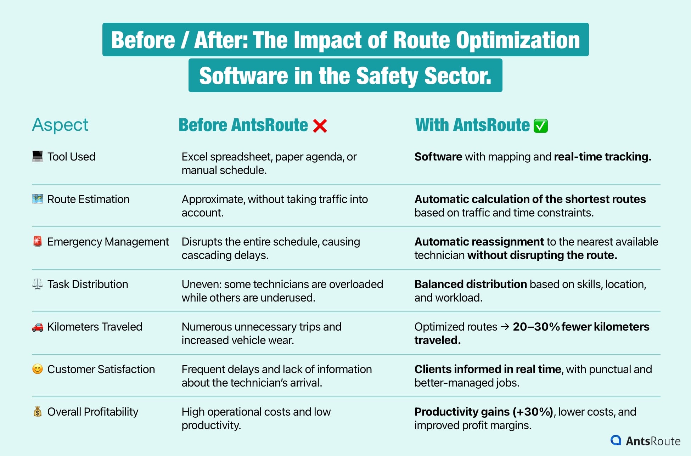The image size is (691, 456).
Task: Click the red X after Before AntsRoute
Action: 320,126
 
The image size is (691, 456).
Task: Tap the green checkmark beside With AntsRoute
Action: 541,126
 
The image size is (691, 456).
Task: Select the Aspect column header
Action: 60,125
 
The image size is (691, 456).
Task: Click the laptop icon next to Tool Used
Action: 38,156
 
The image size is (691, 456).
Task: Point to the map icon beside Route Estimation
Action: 38,199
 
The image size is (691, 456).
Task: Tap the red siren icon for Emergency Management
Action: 38,241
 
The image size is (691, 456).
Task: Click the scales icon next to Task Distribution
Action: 38,284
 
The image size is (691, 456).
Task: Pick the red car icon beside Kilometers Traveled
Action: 38,327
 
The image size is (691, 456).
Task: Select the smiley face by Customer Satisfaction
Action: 38,369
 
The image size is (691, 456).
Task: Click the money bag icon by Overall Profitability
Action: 38,411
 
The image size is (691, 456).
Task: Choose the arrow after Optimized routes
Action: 505,327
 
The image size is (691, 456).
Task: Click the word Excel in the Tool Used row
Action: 193,157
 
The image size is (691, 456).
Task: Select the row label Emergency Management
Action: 108,242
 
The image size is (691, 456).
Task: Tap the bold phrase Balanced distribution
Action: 471,284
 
